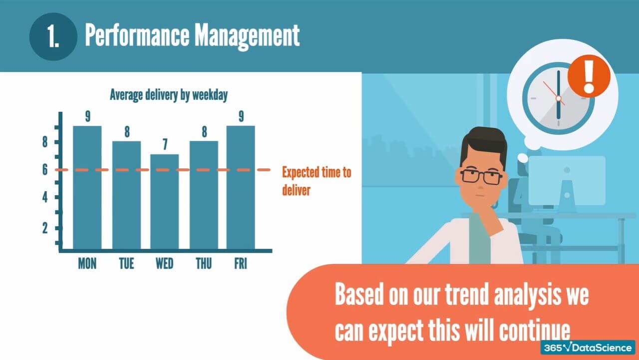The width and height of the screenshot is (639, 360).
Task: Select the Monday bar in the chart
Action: pyautogui.click(x=87, y=187)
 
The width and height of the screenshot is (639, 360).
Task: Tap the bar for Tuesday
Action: pyautogui.click(x=126, y=195)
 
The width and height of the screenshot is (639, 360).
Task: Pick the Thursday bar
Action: pyautogui.click(x=204, y=195)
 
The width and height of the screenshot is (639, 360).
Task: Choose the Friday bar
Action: pyautogui.click(x=241, y=187)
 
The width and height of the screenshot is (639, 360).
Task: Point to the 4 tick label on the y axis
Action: pyautogui.click(x=45, y=198)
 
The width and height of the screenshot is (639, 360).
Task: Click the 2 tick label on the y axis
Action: pyautogui.click(x=45, y=228)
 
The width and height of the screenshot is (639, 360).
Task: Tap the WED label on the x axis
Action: pyautogui.click(x=165, y=263)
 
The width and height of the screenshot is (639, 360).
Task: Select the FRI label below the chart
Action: pyautogui.click(x=241, y=263)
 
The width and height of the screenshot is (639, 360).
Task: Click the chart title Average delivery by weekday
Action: pyautogui.click(x=169, y=95)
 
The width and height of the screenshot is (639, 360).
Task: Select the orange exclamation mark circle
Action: pyautogui.click(x=589, y=76)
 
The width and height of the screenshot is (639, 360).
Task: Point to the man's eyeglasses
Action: pyautogui.click(x=481, y=176)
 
